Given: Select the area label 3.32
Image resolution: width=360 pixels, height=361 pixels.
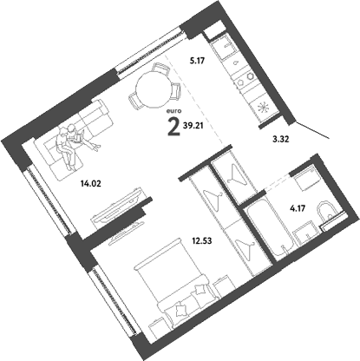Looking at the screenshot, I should (272, 139).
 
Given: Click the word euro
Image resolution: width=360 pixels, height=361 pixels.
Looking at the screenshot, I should (174, 110).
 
